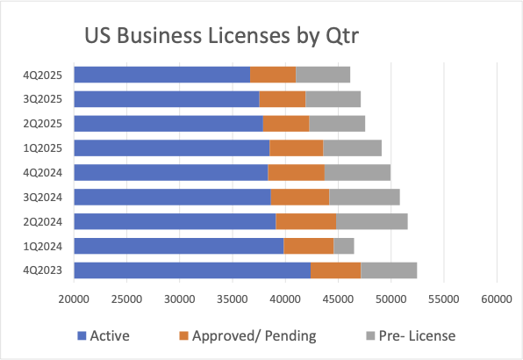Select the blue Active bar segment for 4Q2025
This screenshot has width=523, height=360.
(x=162, y=75)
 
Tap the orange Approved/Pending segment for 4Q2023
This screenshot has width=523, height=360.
(x=335, y=270)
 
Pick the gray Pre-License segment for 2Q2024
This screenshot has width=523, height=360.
(x=372, y=221)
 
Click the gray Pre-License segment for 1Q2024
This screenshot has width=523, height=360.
(x=344, y=245)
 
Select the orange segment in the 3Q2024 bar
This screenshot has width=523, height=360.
(x=299, y=197)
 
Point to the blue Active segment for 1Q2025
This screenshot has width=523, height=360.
(x=172, y=148)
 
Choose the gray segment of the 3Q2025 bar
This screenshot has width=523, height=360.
(x=333, y=99)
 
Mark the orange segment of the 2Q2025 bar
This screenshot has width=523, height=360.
(x=286, y=123)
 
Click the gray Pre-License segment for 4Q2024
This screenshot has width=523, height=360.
(x=357, y=172)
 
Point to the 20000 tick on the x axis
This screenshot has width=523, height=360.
(x=74, y=299)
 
